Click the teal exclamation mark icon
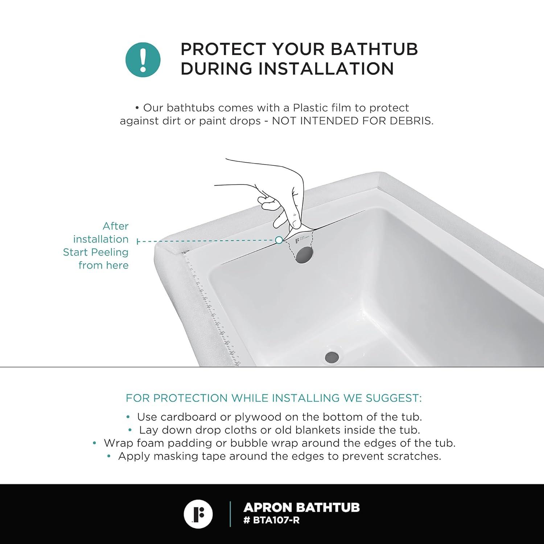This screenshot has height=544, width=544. (143, 59)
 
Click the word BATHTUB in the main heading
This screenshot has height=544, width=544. (374, 49)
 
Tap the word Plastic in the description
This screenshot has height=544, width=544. (310, 108)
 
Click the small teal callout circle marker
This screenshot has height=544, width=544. (279, 240)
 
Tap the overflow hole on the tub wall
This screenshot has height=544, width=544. (304, 254)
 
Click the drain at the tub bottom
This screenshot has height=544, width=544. (332, 357)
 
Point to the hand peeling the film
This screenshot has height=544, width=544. (287, 203)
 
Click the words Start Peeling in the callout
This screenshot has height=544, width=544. (96, 252)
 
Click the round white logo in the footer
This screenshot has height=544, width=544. (198, 514)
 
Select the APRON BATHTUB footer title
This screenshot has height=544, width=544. (301, 507)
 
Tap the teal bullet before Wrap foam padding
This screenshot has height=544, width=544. (95, 443)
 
